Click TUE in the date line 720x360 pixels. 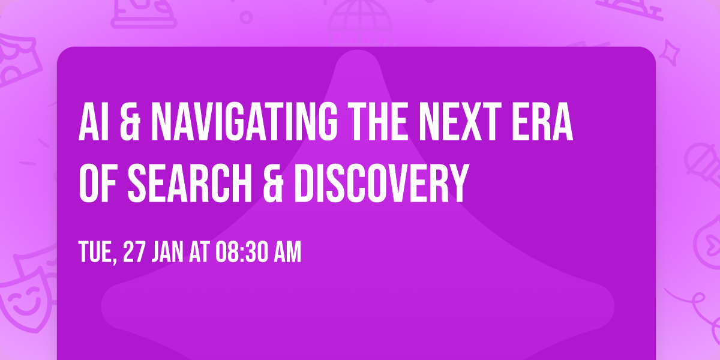point(97,253)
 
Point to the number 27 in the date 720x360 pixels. point(134,253)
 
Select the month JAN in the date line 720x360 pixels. point(169,253)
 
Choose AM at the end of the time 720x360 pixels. point(287,253)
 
